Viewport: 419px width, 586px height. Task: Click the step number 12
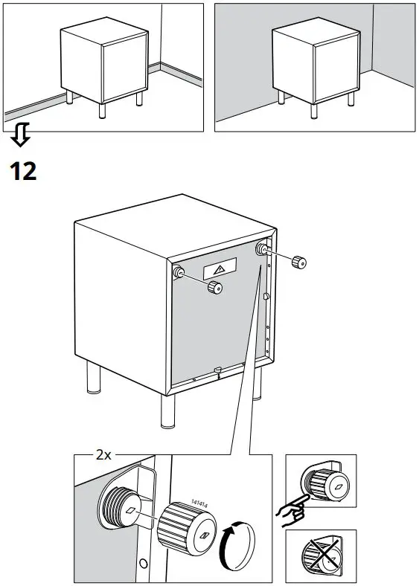point(22,172)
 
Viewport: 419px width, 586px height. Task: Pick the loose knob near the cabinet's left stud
point(215,289)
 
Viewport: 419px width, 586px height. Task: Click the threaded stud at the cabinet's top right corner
point(262,249)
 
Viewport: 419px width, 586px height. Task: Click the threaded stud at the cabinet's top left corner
point(179,273)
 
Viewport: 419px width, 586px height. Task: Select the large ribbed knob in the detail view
point(183,527)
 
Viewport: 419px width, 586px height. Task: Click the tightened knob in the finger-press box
point(328,486)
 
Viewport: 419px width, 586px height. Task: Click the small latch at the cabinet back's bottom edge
point(217,370)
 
